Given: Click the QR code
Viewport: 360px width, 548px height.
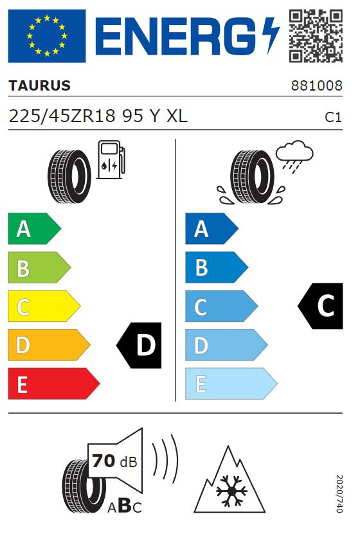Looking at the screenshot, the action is pos(316,36).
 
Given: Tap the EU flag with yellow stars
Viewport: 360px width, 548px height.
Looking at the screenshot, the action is pos(47,36).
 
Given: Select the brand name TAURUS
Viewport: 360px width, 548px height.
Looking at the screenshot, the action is pos(39,85).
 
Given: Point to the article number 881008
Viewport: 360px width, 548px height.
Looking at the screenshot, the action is pos(317,85).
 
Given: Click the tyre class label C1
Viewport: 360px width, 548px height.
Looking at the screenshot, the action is pos(333,118).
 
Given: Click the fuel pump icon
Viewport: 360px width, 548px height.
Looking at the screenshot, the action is pos(111,160).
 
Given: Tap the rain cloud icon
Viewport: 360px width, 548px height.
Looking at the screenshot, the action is pos(294,157).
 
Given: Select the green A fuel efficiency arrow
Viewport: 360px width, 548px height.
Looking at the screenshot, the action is pos(34,229).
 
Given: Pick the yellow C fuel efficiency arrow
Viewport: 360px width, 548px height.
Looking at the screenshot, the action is pos(44,306).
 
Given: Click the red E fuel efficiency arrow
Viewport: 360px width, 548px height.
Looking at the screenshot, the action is pos(54,384).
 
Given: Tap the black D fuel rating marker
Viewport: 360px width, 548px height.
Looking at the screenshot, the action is pos(139,345).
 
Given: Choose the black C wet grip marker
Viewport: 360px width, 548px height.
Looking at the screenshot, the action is pos(321,306).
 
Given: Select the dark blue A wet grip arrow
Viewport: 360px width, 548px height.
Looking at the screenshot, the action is pos(212,229).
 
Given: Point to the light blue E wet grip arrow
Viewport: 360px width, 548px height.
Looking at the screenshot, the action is pos(231,384).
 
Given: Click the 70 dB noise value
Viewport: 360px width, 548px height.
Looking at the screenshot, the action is pos(114,461).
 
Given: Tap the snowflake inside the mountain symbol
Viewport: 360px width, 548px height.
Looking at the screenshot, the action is pos(231,491).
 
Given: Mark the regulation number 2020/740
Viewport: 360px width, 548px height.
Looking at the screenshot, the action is pos(339,493).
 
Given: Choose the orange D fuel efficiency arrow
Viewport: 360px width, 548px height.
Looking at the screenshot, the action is pos(49,344).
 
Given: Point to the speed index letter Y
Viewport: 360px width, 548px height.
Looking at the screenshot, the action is pos(155,116).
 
